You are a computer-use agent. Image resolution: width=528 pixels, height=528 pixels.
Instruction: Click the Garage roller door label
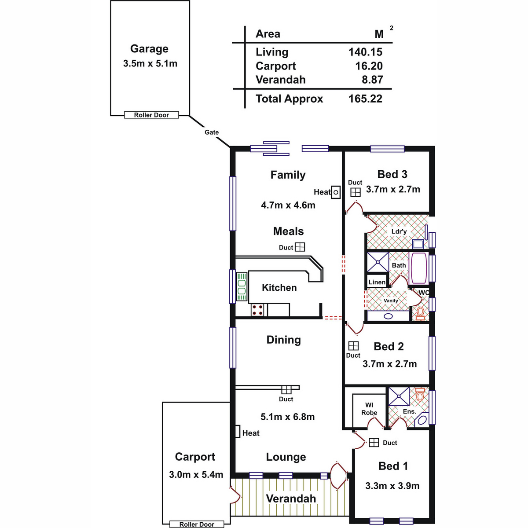pyautogui.click(x=151, y=115)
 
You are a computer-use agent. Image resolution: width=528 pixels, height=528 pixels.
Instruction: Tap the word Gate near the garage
pyautogui.click(x=212, y=132)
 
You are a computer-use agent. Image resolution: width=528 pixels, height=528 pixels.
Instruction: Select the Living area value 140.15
pyautogui.click(x=365, y=52)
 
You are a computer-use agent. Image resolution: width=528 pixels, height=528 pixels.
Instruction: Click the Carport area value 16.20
pyautogui.click(x=369, y=66)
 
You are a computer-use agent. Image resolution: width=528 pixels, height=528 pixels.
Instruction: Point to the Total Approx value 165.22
pyautogui.click(x=365, y=99)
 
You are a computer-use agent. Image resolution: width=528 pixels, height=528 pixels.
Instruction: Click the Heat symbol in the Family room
pyautogui.click(x=336, y=192)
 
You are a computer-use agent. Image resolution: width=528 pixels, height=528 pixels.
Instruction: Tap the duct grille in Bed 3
pyautogui.click(x=356, y=192)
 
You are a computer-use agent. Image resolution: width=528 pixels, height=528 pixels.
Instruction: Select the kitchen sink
pyautogui.click(x=242, y=286)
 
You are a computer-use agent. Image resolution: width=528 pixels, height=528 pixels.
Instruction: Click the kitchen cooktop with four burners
pyautogui.click(x=257, y=310)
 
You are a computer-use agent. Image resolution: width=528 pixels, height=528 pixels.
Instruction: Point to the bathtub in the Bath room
pyautogui.click(x=418, y=268)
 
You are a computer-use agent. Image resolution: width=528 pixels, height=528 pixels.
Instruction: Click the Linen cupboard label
pyautogui.click(x=377, y=282)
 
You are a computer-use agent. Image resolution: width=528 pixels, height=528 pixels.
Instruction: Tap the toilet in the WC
pyautogui.click(x=420, y=314)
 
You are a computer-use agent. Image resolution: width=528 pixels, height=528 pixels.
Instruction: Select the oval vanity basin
pyautogui.click(x=388, y=316)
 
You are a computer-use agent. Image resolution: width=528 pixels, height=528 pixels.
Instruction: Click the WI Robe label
pyautogui.click(x=369, y=409)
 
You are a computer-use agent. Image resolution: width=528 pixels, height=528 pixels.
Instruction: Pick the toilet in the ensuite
pyautogui.click(x=419, y=394)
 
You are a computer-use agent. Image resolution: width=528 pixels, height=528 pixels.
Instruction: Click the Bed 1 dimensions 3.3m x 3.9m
pyautogui.click(x=392, y=486)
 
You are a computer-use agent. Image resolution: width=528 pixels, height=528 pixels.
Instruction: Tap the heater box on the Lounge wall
pyautogui.click(x=238, y=431)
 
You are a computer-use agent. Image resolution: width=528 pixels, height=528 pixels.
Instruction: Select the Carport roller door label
pyautogui.click(x=197, y=524)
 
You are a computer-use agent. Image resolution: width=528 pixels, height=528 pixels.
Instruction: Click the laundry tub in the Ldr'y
pyautogui.click(x=418, y=244)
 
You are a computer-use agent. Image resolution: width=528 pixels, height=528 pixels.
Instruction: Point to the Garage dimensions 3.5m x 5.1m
pyautogui.click(x=150, y=63)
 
